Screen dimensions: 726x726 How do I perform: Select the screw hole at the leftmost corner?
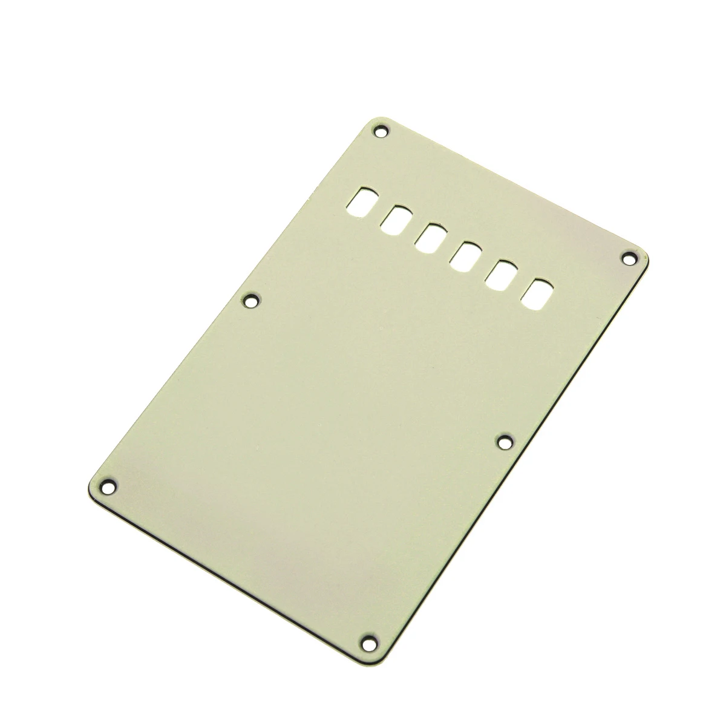click(x=110, y=484)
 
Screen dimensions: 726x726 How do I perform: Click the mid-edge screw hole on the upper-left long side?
click(x=250, y=299)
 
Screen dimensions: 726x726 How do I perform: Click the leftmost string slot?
click(x=363, y=199)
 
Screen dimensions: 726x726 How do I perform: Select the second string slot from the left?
click(x=397, y=218)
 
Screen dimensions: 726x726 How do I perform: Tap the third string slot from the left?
click(x=431, y=237)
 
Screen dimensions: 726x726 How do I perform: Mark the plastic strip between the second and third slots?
click(x=414, y=227)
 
